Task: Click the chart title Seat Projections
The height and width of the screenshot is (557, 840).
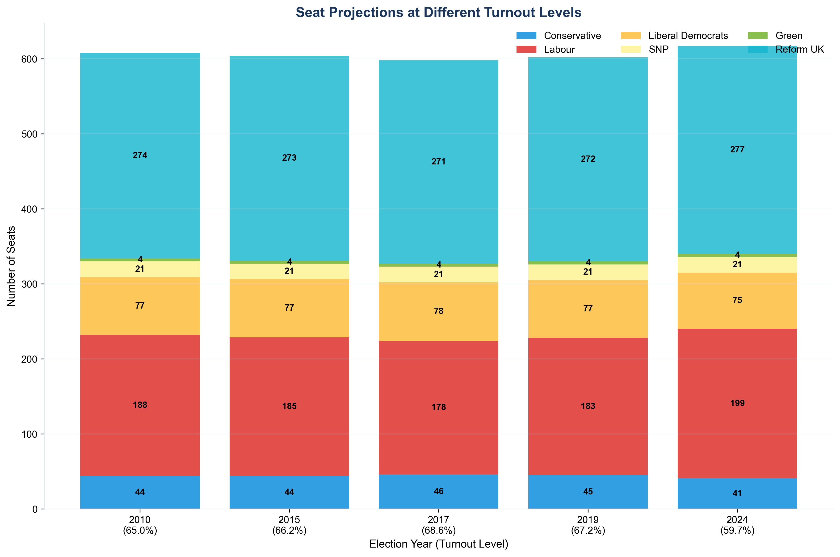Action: tap(438, 13)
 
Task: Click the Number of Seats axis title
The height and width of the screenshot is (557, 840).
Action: tap(11, 266)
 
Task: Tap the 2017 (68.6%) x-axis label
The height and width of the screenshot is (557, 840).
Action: tap(438, 525)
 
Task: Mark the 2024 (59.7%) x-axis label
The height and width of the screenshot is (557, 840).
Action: tap(737, 525)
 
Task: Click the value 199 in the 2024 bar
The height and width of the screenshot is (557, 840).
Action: tap(737, 403)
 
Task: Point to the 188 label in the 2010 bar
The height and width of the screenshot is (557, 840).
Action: tap(140, 405)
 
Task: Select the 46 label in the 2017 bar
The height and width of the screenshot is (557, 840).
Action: tap(438, 491)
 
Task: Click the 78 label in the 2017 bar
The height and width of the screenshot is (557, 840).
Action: tap(438, 311)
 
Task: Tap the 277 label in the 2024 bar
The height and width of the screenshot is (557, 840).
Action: tap(737, 150)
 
